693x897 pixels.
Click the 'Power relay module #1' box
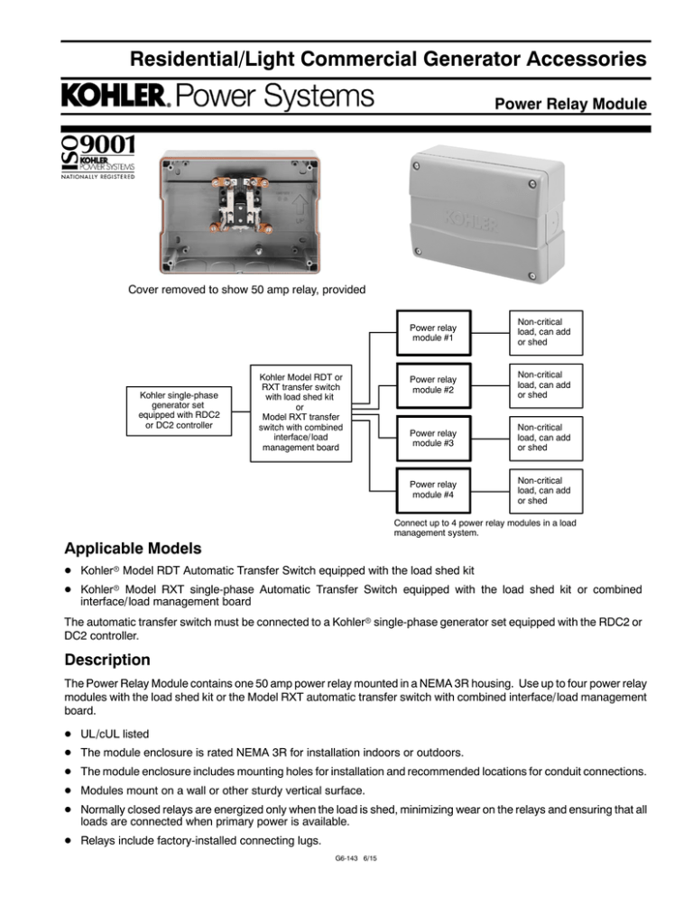[432, 330]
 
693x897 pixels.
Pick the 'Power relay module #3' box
[432, 439]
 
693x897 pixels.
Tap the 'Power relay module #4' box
[432, 494]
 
